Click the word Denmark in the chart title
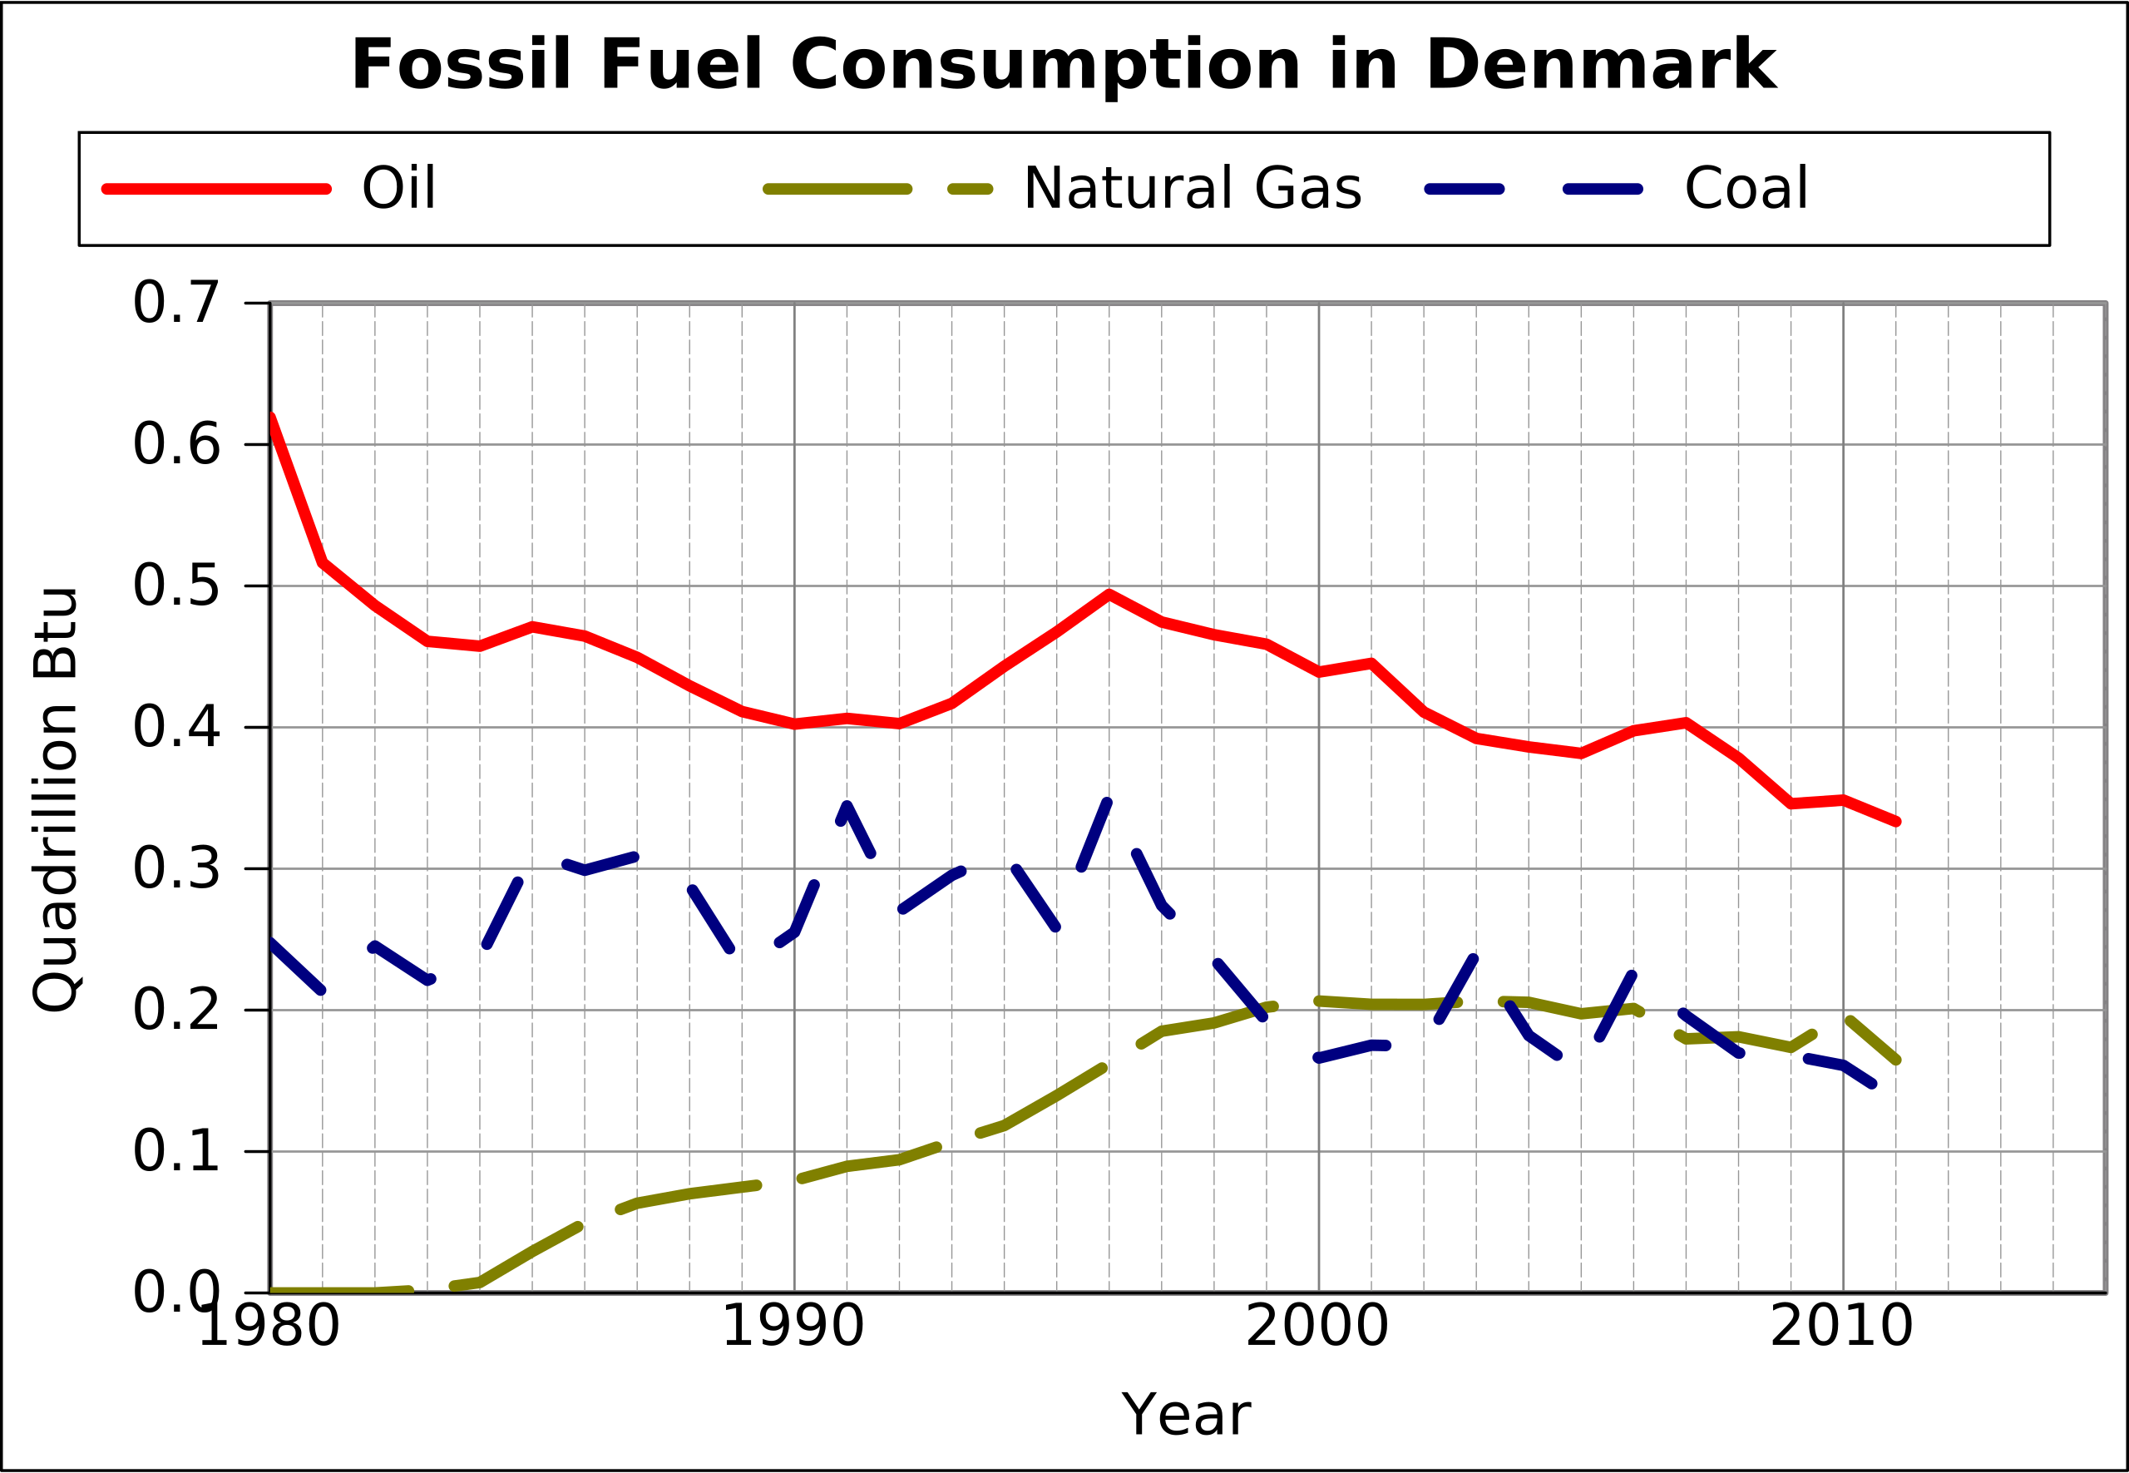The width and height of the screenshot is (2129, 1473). click(1600, 67)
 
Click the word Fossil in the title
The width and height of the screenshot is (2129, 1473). click(461, 67)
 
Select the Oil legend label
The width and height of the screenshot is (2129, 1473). click(398, 189)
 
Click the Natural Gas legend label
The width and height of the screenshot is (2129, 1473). click(1192, 189)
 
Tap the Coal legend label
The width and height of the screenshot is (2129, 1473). click(1745, 189)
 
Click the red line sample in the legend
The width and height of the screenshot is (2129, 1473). click(216, 189)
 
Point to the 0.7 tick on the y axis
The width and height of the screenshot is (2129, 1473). click(176, 303)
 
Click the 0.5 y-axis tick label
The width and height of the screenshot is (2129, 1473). click(176, 586)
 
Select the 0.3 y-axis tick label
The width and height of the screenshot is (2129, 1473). click(176, 869)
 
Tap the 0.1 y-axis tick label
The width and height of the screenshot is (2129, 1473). click(176, 1152)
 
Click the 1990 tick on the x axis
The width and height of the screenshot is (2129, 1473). click(793, 1328)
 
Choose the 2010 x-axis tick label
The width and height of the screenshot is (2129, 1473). click(1841, 1328)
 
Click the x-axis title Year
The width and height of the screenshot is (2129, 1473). click(1186, 1415)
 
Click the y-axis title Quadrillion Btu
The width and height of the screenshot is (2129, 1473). click(56, 799)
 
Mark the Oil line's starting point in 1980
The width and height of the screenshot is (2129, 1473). click(270, 418)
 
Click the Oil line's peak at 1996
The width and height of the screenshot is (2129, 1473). click(1109, 594)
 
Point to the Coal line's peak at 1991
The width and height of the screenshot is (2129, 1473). click(847, 805)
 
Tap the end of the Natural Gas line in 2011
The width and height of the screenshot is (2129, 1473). click(1895, 1060)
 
